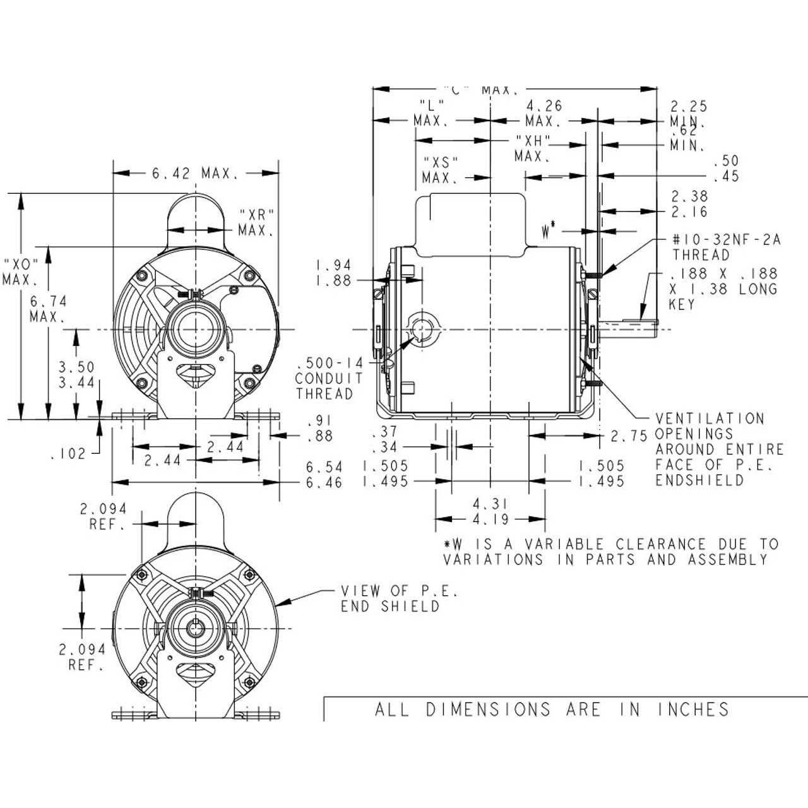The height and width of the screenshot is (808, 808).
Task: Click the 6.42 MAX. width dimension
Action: point(195,173)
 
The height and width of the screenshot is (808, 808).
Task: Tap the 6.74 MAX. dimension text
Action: point(48,309)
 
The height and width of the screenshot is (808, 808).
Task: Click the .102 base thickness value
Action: point(68,453)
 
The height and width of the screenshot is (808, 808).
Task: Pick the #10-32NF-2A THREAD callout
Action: point(726,247)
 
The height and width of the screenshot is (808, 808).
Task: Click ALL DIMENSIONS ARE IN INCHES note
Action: point(552,710)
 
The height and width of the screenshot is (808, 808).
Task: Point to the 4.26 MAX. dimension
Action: point(544,113)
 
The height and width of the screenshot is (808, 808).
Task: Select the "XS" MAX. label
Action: point(440,170)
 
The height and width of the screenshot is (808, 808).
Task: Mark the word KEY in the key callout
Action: point(682,304)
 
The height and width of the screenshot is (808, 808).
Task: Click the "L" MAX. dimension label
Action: point(432,112)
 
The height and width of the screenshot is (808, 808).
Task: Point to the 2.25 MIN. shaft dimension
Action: point(688,114)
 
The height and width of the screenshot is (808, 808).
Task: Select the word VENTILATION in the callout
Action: point(710,419)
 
